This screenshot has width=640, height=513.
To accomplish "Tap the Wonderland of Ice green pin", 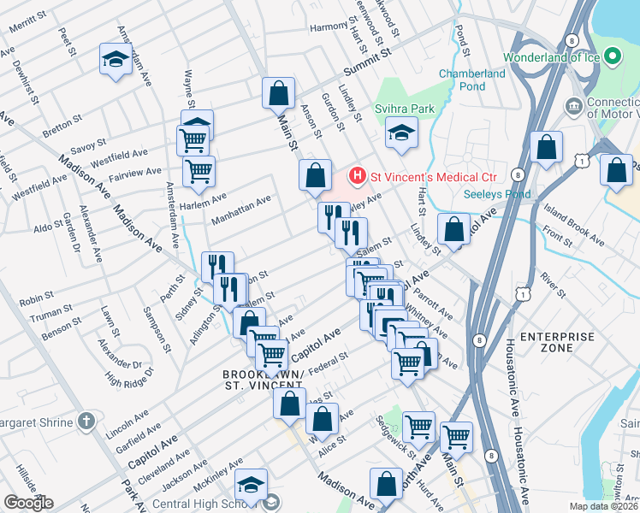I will click(613, 57).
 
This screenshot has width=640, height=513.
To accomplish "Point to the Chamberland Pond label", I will click(471, 80).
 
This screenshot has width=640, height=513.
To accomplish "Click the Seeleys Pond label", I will click(497, 194).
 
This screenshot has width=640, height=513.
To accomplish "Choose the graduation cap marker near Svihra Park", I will click(400, 133).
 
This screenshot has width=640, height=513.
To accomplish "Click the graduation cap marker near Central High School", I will click(251, 484).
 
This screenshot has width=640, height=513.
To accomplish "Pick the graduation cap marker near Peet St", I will click(114, 59).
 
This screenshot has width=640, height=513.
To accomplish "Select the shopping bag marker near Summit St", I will click(278, 92).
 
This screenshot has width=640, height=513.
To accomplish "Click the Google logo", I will click(28, 503).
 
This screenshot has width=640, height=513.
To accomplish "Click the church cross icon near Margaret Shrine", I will click(85, 421).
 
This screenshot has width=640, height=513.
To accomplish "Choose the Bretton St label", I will click(61, 130).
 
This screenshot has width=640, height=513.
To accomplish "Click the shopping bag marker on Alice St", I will click(323, 421).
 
